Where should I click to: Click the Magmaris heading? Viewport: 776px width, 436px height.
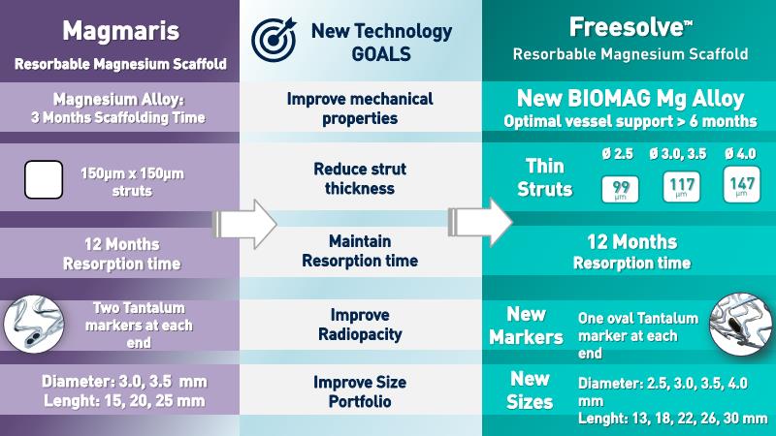coord(120,31)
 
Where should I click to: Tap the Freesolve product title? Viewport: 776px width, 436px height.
coord(630,27)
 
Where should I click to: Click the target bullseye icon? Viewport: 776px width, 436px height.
coord(274,39)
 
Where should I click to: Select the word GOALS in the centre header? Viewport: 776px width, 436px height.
coord(381,53)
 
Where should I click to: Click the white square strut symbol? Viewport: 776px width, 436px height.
coord(44,180)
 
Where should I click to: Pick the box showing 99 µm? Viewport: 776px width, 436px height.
coord(620,189)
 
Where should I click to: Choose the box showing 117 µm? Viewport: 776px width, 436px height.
coord(682,186)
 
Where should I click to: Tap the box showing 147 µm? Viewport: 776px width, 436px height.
coord(741,185)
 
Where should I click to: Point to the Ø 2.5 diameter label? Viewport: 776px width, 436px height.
coord(618,154)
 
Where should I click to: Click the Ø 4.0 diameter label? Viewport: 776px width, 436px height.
coord(740,154)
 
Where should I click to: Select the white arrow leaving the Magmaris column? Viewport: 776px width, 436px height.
coord(244,224)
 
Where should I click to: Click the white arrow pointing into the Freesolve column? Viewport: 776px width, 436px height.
coord(480,223)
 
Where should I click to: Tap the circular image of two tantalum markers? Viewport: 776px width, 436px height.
coord(34,325)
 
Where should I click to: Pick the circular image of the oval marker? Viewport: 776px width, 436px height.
coord(740,324)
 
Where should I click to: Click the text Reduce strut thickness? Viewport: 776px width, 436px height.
coord(360,178)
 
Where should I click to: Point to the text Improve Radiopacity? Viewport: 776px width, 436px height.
coord(360,325)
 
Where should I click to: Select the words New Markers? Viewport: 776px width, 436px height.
coord(526,326)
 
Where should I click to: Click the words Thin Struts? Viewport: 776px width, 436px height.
coord(544,177)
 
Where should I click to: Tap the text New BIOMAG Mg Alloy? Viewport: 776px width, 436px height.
coord(630,99)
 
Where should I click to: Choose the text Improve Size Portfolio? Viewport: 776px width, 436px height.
coord(360,391)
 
